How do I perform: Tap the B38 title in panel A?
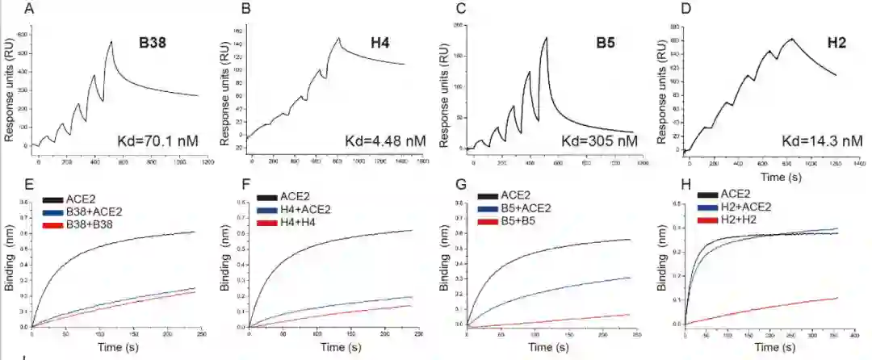coord(153,44)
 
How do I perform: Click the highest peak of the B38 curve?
coord(112,41)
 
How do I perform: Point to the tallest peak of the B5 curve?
coord(547,37)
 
